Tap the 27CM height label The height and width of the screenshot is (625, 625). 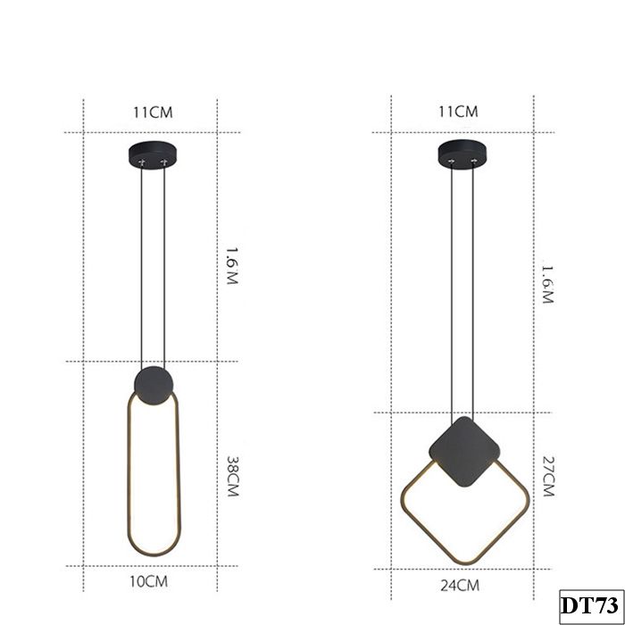tap(547, 479)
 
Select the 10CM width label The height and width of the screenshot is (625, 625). tap(149, 582)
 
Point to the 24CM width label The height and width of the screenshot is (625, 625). tap(459, 586)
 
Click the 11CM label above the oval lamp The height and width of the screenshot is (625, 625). tap(152, 112)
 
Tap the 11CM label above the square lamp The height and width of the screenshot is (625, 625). tap(459, 112)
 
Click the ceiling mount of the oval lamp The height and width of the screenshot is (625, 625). tap(151, 157)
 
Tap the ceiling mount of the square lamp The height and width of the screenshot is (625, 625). tap(461, 154)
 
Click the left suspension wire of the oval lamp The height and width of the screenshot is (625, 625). tap(141, 268)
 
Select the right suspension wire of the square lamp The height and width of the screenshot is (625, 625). tap(472, 286)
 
